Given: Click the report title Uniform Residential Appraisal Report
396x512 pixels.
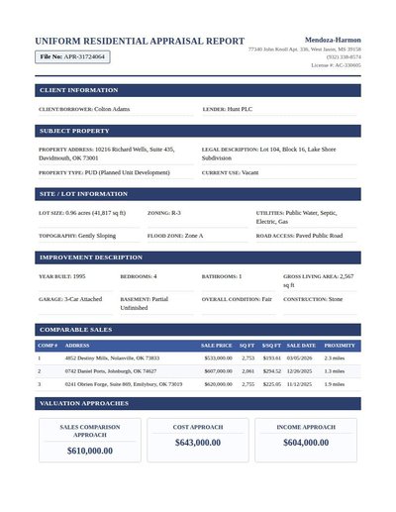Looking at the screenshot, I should pos(140,42).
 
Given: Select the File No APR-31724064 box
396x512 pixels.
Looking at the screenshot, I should pos(71,57).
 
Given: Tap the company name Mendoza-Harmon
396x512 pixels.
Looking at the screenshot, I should pos(333,40).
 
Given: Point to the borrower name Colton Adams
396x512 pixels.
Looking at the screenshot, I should pos(112,109).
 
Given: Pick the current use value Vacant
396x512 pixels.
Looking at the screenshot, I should pos(249,172).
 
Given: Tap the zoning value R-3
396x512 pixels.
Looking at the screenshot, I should pos(176,213).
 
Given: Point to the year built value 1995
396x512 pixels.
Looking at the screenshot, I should pos(79,276).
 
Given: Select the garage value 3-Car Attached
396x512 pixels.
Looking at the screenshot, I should pos(83,298).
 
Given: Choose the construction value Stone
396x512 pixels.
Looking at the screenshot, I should pos(336,298).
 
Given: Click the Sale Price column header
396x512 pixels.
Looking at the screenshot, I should pos(216,346).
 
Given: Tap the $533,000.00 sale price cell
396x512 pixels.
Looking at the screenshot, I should pos(218,358).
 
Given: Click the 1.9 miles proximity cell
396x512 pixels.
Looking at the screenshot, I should pos(334,383).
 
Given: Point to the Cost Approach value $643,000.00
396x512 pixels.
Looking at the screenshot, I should pos(197,443).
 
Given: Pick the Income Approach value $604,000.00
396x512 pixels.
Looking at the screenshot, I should pos(305,443).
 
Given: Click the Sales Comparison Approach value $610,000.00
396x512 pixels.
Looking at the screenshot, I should pos(89,451).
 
